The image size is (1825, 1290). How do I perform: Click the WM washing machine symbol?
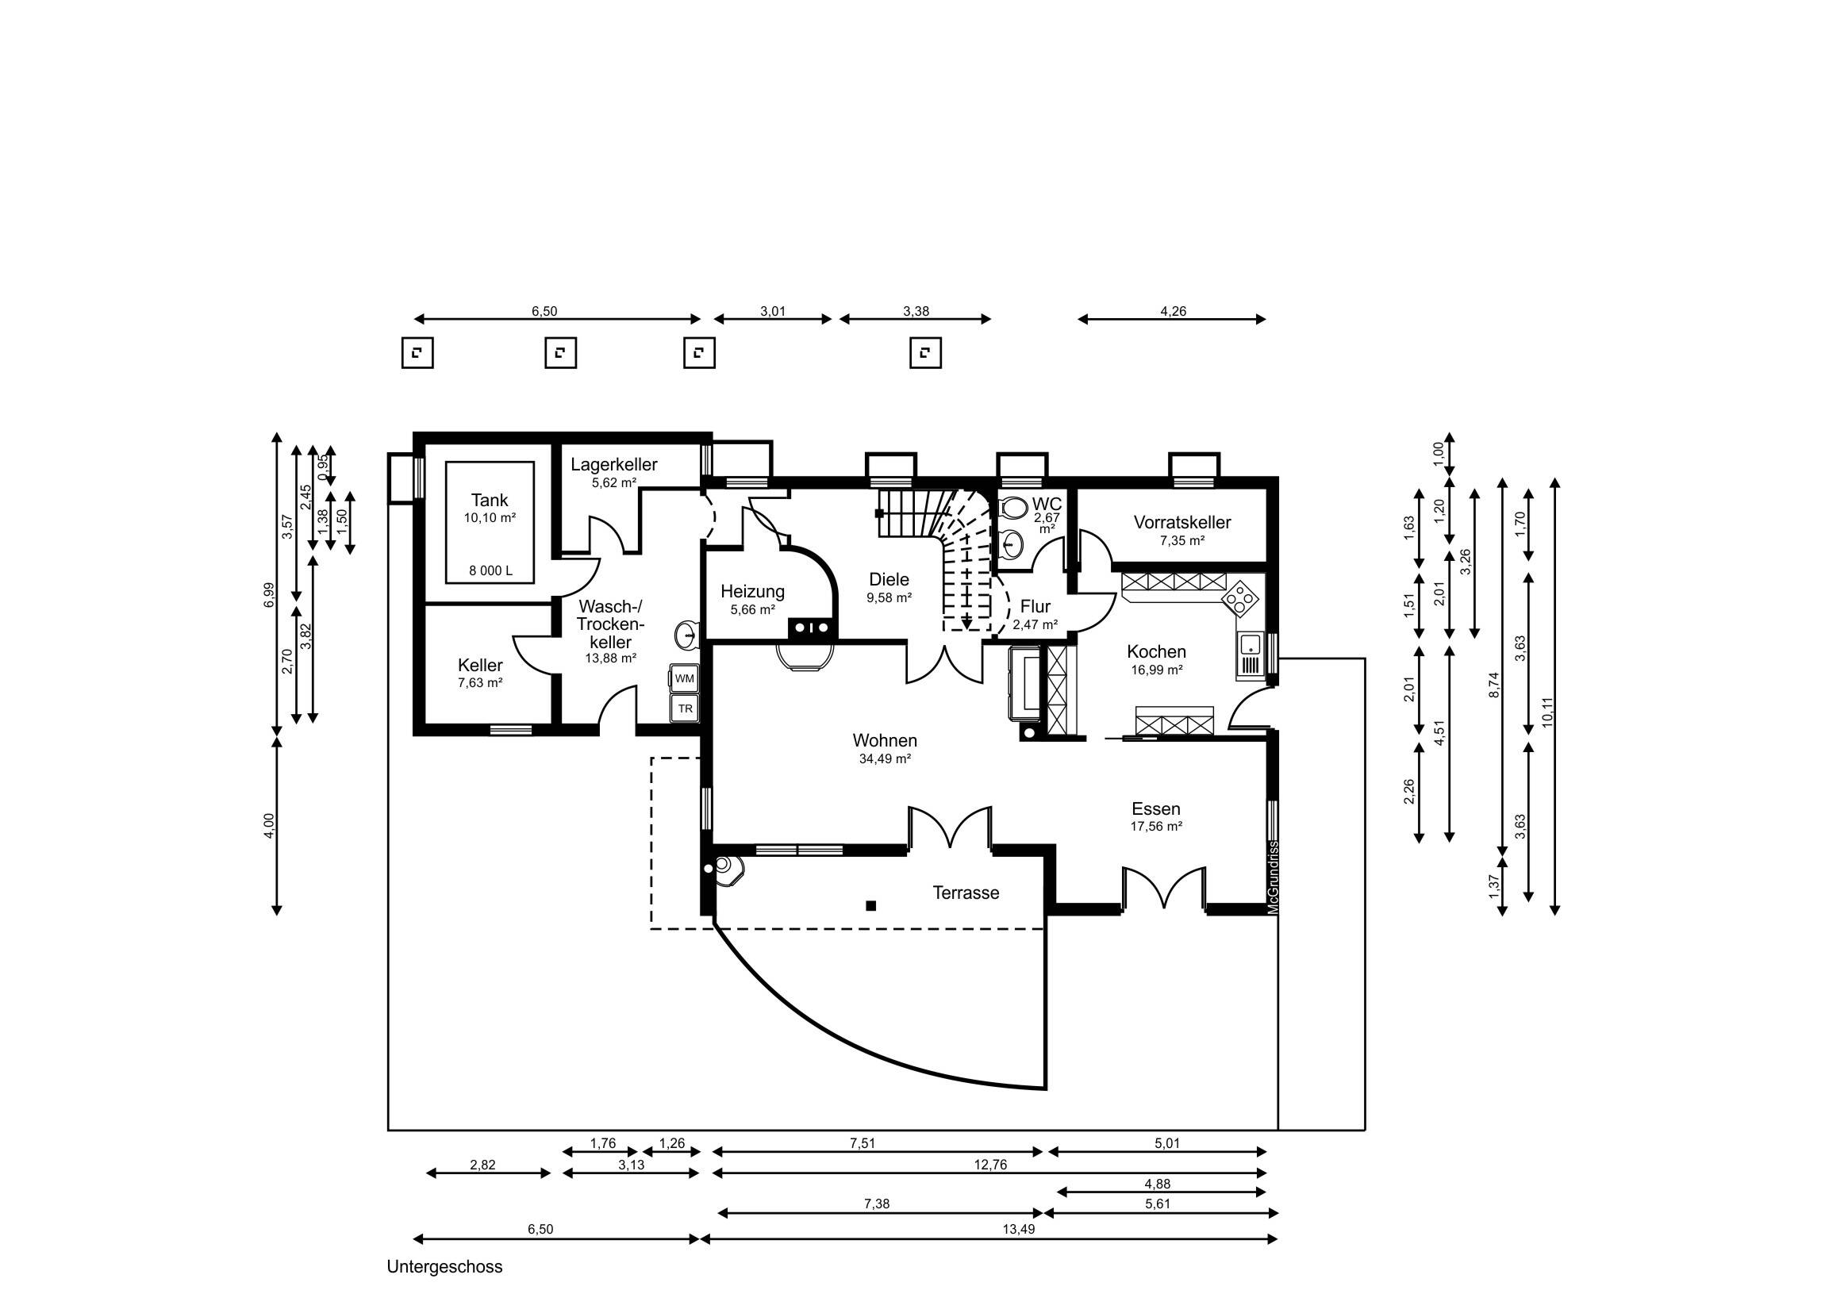click(x=684, y=679)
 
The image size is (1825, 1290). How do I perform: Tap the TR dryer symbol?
click(x=684, y=708)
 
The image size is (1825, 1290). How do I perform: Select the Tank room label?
click(x=490, y=500)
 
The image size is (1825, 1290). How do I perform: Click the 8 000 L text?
click(x=490, y=570)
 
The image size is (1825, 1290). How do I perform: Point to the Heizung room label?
click(x=753, y=591)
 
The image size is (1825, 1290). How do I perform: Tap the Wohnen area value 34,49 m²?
click(x=885, y=759)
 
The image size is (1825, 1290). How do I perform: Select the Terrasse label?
click(x=966, y=893)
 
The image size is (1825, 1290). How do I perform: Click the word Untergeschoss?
click(x=444, y=1267)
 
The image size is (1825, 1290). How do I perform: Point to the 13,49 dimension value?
click(x=1018, y=1229)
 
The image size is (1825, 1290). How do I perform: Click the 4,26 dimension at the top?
click(x=1174, y=312)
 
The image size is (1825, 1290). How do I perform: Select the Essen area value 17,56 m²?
click(x=1156, y=827)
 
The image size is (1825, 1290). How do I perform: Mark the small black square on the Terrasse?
click(x=871, y=905)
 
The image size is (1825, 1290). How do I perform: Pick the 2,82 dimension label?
click(x=482, y=1165)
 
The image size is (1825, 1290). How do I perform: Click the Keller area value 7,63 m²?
click(x=480, y=683)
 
